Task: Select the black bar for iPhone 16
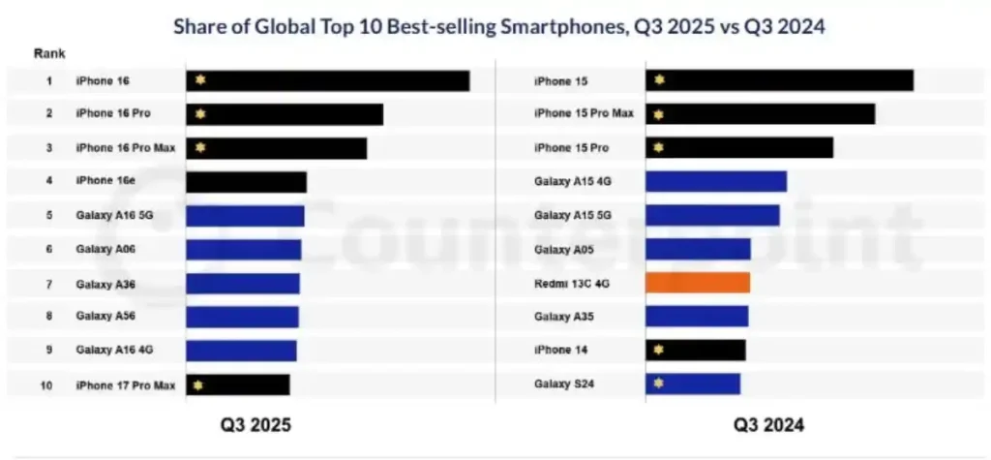click(x=328, y=80)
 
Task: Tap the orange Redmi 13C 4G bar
click(x=698, y=283)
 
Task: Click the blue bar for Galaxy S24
click(x=693, y=383)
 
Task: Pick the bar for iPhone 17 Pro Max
click(x=238, y=384)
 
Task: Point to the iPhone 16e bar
click(x=246, y=182)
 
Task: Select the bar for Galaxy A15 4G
click(x=716, y=181)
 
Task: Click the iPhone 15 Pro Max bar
click(x=761, y=114)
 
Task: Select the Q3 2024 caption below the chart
click(x=768, y=424)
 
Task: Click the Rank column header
click(x=49, y=52)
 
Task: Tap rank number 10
click(x=46, y=384)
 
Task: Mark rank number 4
click(x=48, y=181)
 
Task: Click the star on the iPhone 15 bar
click(x=660, y=80)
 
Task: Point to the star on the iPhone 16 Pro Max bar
click(x=200, y=147)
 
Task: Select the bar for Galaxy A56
click(x=242, y=317)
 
